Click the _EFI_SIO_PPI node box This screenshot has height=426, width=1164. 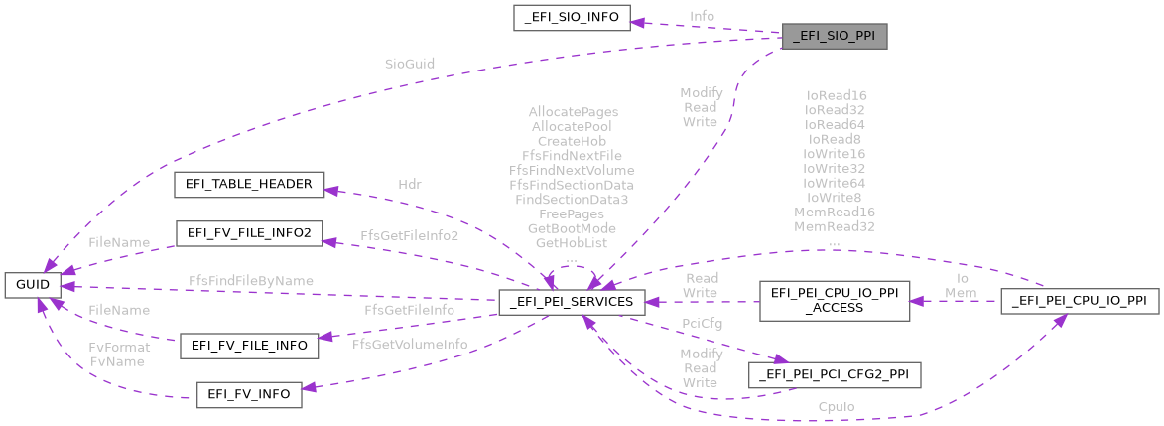click(834, 37)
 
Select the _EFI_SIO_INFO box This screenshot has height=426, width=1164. click(572, 17)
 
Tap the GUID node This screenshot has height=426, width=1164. click(33, 286)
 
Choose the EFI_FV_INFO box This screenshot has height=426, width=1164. click(248, 394)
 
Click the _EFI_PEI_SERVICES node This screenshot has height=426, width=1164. click(573, 301)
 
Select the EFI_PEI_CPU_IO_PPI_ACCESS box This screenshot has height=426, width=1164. click(834, 301)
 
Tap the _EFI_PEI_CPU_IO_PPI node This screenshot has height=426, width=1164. click(1080, 301)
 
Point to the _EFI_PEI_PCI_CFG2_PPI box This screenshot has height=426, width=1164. click(834, 374)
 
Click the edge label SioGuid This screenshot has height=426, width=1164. click(410, 64)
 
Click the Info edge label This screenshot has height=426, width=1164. click(702, 16)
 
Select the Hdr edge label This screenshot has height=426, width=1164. click(410, 184)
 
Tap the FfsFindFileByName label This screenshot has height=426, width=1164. click(251, 281)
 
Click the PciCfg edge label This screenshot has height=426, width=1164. click(702, 323)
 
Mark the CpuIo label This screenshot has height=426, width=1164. click(837, 407)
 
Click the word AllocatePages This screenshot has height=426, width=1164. click(573, 112)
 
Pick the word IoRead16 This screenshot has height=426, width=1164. click(835, 96)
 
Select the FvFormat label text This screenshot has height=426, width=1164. click(119, 348)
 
